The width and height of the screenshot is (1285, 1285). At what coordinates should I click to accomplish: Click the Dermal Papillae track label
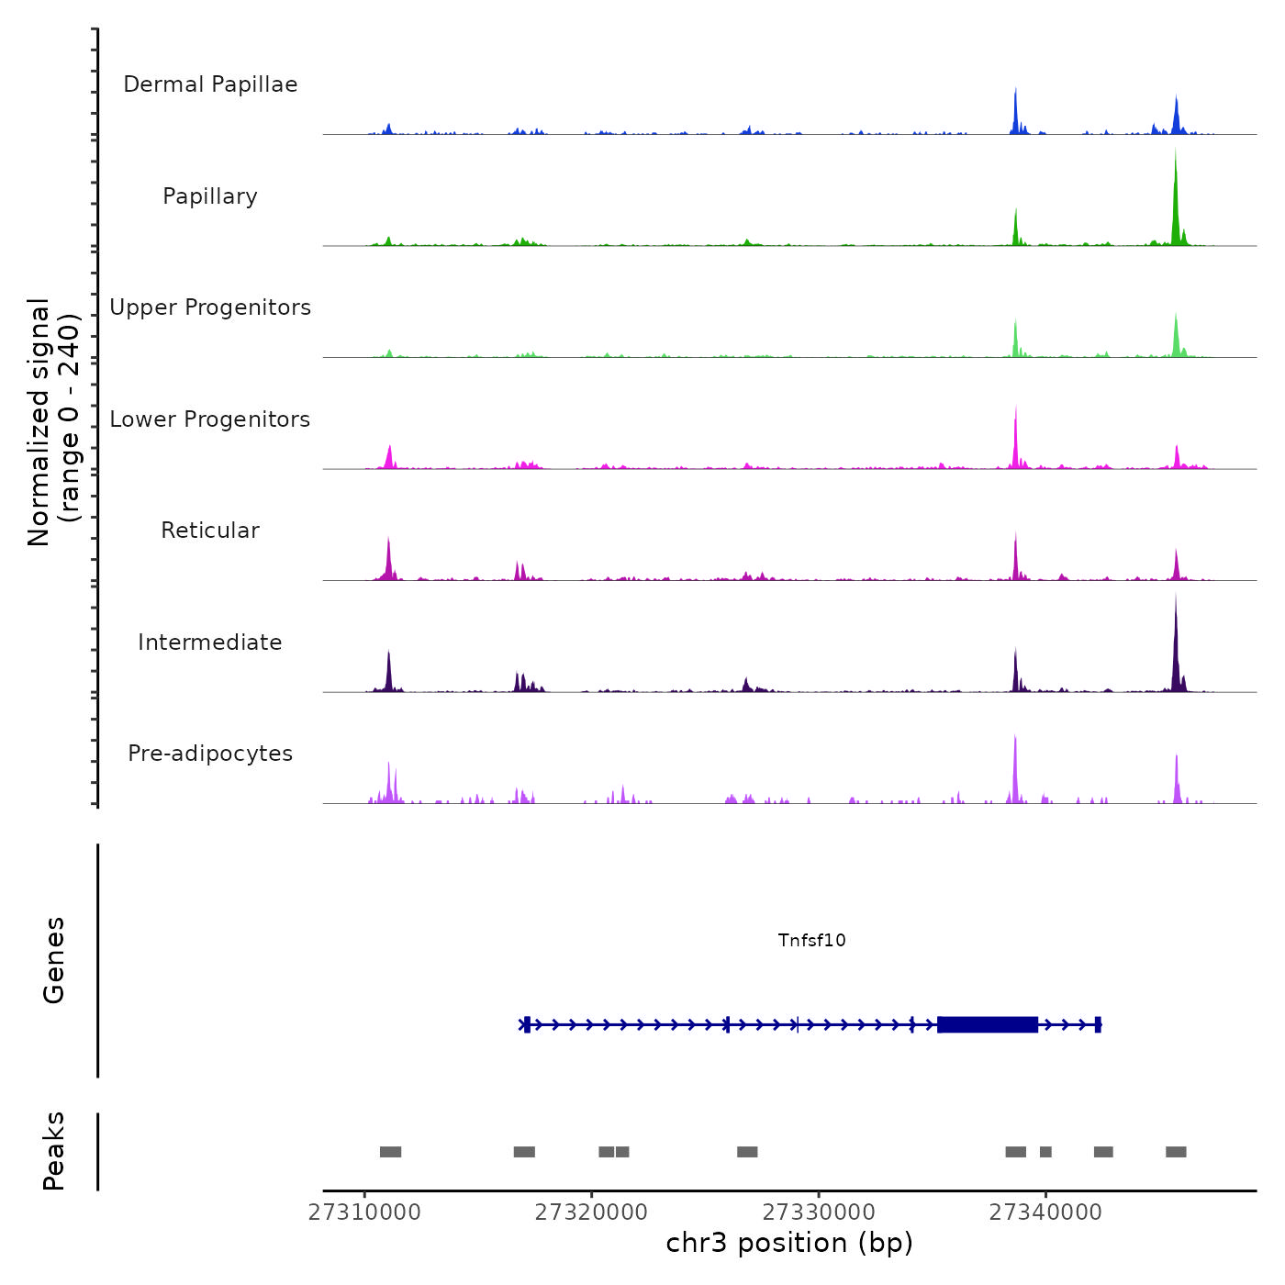tap(210, 84)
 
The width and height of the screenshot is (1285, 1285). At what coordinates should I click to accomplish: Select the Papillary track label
tap(210, 196)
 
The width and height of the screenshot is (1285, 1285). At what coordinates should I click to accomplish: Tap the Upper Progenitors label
tap(210, 307)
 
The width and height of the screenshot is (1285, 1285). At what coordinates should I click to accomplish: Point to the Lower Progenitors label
tap(210, 419)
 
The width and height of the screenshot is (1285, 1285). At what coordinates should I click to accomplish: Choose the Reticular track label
tap(210, 531)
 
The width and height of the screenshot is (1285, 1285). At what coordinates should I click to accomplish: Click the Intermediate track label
tap(210, 642)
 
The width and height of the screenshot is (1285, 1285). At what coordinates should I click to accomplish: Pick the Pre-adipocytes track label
tap(210, 754)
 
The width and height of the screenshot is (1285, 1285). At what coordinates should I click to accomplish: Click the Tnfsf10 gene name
tap(811, 940)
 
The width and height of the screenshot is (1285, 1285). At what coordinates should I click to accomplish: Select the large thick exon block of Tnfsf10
tap(988, 1024)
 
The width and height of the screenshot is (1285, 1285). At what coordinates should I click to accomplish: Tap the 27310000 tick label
tap(364, 1212)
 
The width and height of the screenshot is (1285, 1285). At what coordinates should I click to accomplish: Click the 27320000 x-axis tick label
tap(591, 1212)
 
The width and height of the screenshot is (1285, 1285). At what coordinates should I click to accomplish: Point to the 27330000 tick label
tap(819, 1212)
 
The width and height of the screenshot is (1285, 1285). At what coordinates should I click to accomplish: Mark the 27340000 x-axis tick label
tap(1045, 1212)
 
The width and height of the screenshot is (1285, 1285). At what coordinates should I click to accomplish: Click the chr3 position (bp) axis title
tap(789, 1243)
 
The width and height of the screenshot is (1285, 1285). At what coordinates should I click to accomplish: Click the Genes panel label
tap(54, 960)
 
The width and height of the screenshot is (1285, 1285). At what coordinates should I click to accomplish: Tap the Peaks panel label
tap(54, 1151)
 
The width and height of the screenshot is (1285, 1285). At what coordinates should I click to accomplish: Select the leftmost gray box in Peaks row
tap(390, 1152)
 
